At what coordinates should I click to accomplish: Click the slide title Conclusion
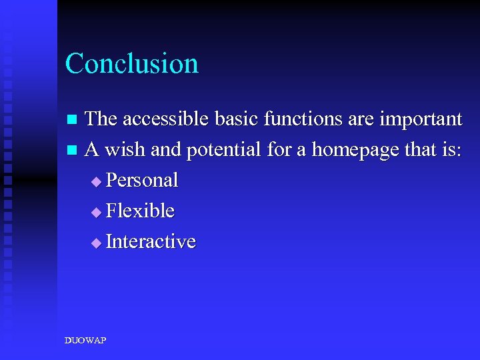(x=132, y=64)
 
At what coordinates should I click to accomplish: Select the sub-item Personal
(x=142, y=181)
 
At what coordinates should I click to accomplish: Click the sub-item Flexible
(x=140, y=211)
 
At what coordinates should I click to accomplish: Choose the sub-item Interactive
(x=151, y=241)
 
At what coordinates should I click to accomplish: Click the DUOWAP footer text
(x=85, y=341)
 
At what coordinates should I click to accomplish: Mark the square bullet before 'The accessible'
(x=73, y=120)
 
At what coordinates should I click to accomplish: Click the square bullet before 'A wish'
(x=73, y=151)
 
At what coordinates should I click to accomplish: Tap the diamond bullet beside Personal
(x=97, y=181)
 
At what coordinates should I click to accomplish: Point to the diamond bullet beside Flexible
(x=97, y=212)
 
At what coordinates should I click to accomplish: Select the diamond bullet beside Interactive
(x=97, y=243)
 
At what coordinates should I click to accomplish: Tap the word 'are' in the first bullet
(x=363, y=120)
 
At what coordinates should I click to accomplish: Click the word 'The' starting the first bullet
(x=101, y=119)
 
